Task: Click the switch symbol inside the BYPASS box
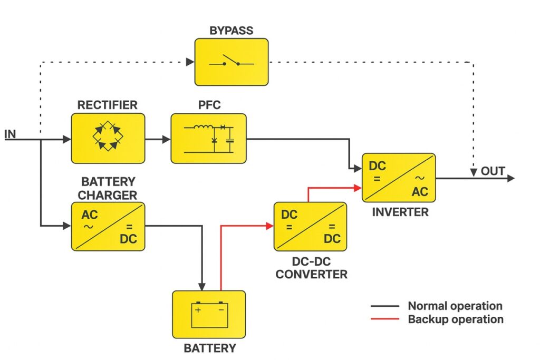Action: pyautogui.click(x=231, y=62)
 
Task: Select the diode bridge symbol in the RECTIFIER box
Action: pyautogui.click(x=108, y=138)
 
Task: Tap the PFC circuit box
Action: pyautogui.click(x=208, y=138)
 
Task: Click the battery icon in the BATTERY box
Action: pyautogui.click(x=209, y=314)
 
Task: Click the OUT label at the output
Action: pyautogui.click(x=493, y=171)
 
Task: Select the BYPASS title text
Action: pyautogui.click(x=231, y=30)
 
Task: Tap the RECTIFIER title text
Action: pyautogui.click(x=107, y=105)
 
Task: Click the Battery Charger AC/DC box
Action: pyautogui.click(x=108, y=226)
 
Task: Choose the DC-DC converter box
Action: pyautogui.click(x=310, y=226)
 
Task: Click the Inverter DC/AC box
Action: pyautogui.click(x=398, y=178)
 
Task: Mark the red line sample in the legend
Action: pyautogui.click(x=385, y=319)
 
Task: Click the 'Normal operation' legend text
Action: pyautogui.click(x=455, y=306)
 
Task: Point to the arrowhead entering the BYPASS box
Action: pyautogui.click(x=190, y=62)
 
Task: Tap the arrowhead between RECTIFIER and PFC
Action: pyautogui.click(x=167, y=140)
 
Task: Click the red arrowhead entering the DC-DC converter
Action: pyautogui.click(x=269, y=226)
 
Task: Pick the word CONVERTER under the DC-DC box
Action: pyautogui.click(x=311, y=274)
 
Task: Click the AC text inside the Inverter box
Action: pyautogui.click(x=420, y=192)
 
